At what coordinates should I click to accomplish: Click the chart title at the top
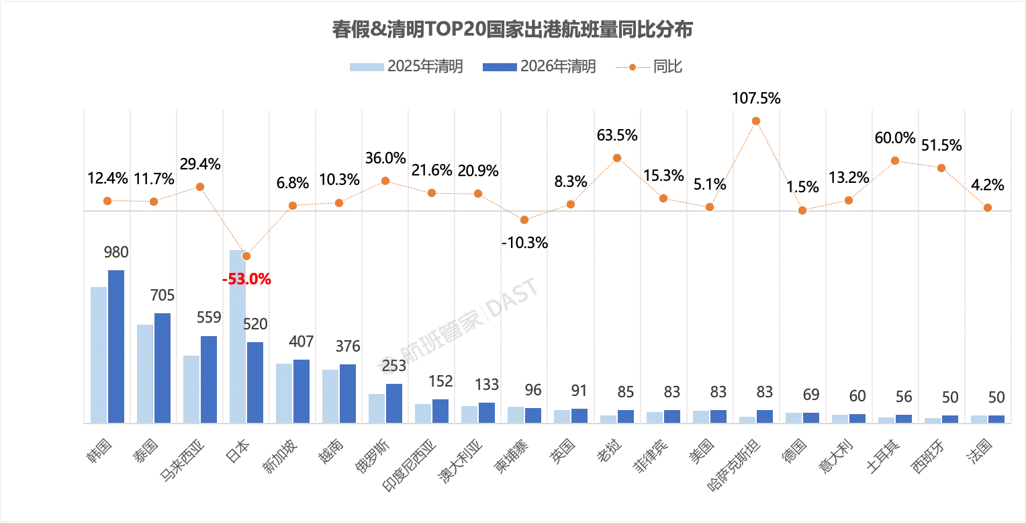(x=512, y=30)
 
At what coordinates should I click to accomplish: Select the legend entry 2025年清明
(x=406, y=67)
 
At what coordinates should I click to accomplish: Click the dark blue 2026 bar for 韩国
(x=116, y=346)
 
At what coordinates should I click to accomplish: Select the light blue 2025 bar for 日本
(x=238, y=336)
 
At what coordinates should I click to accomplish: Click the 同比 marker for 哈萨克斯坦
(x=756, y=121)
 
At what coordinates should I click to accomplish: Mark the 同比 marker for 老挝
(x=617, y=158)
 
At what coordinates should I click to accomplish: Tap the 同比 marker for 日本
(x=246, y=256)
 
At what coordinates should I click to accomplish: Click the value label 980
(x=116, y=253)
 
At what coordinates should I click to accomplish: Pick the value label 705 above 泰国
(x=162, y=296)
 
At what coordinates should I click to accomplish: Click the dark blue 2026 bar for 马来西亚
(x=209, y=379)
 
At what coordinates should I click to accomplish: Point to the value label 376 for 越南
(x=348, y=347)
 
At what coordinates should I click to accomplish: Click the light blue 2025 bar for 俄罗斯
(x=377, y=408)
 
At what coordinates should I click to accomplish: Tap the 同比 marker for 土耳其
(x=895, y=161)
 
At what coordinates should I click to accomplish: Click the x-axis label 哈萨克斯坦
(x=734, y=467)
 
